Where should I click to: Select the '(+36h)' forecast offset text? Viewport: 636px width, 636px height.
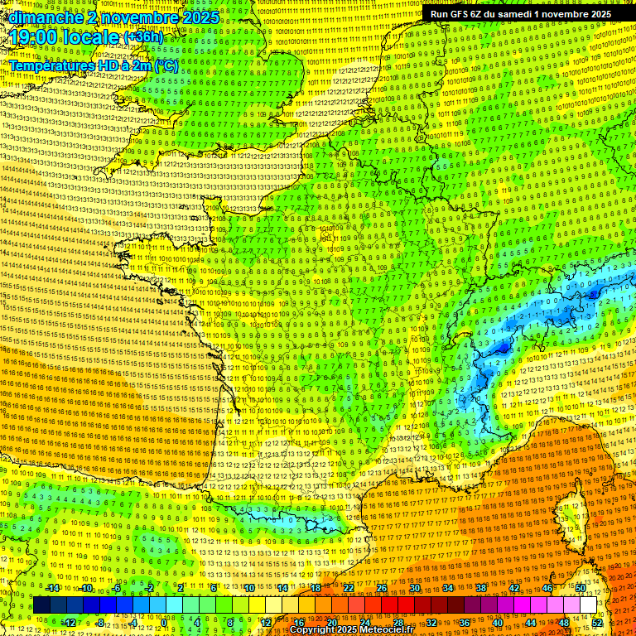[144, 37]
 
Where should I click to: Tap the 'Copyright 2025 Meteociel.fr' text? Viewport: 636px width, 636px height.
[351, 629]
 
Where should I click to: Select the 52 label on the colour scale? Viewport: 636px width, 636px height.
[597, 622]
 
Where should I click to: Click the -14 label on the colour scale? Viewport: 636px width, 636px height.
[52, 588]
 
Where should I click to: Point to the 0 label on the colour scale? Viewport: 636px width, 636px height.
[164, 622]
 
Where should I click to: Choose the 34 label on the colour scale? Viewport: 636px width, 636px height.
[448, 588]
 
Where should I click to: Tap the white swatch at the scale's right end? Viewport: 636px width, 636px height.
[588, 605]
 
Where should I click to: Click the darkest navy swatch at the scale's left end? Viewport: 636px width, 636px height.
[41, 605]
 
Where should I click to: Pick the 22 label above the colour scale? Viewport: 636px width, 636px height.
[349, 588]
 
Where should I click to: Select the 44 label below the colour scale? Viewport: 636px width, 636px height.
[531, 622]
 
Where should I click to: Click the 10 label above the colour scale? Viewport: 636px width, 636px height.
[249, 588]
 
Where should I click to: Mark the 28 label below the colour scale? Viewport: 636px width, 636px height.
[398, 622]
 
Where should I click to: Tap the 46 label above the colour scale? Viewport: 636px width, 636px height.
[547, 588]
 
